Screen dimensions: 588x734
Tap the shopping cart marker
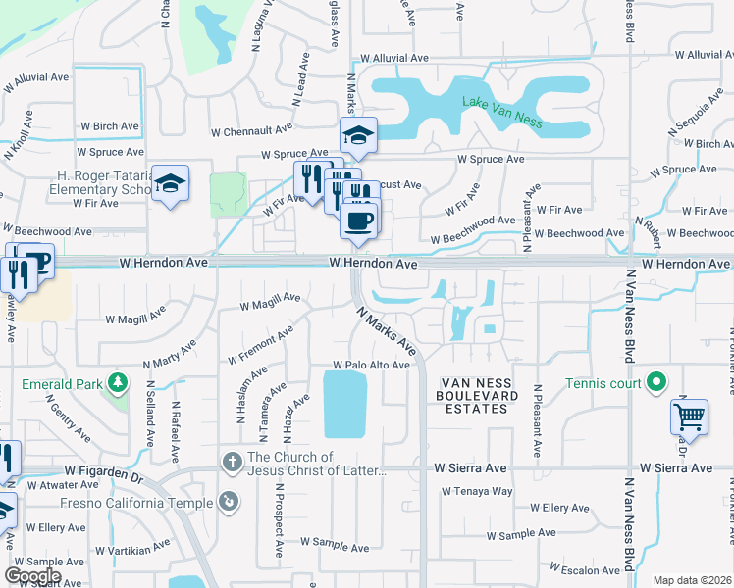[x=689, y=416]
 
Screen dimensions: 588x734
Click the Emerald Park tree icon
[x=117, y=380]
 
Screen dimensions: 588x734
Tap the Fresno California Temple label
[x=149, y=503]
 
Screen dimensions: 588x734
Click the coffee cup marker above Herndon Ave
[x=360, y=220]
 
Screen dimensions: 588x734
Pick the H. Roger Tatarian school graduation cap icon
[x=171, y=184]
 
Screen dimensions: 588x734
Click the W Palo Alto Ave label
[x=371, y=365]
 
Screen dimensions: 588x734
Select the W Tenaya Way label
[x=474, y=491]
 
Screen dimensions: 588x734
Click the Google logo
[x=32, y=575]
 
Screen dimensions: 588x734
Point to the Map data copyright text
[x=692, y=580]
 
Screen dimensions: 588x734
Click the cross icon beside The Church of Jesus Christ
[x=233, y=461]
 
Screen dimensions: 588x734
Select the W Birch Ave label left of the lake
[x=109, y=126]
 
